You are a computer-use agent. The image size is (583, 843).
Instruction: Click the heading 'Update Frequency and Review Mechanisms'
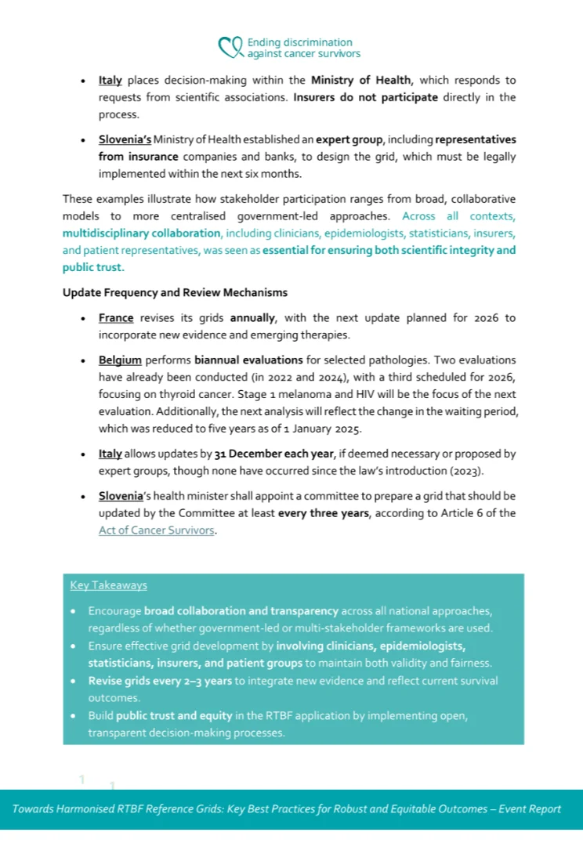coord(175,292)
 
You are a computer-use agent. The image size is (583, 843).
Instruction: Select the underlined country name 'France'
coord(116,318)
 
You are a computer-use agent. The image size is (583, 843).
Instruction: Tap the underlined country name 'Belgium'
coord(120,360)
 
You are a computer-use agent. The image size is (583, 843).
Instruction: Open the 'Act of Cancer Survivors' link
coord(157,530)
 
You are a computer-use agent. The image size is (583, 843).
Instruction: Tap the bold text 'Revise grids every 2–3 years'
coord(160,681)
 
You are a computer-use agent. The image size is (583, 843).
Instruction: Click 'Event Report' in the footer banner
coord(530,809)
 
